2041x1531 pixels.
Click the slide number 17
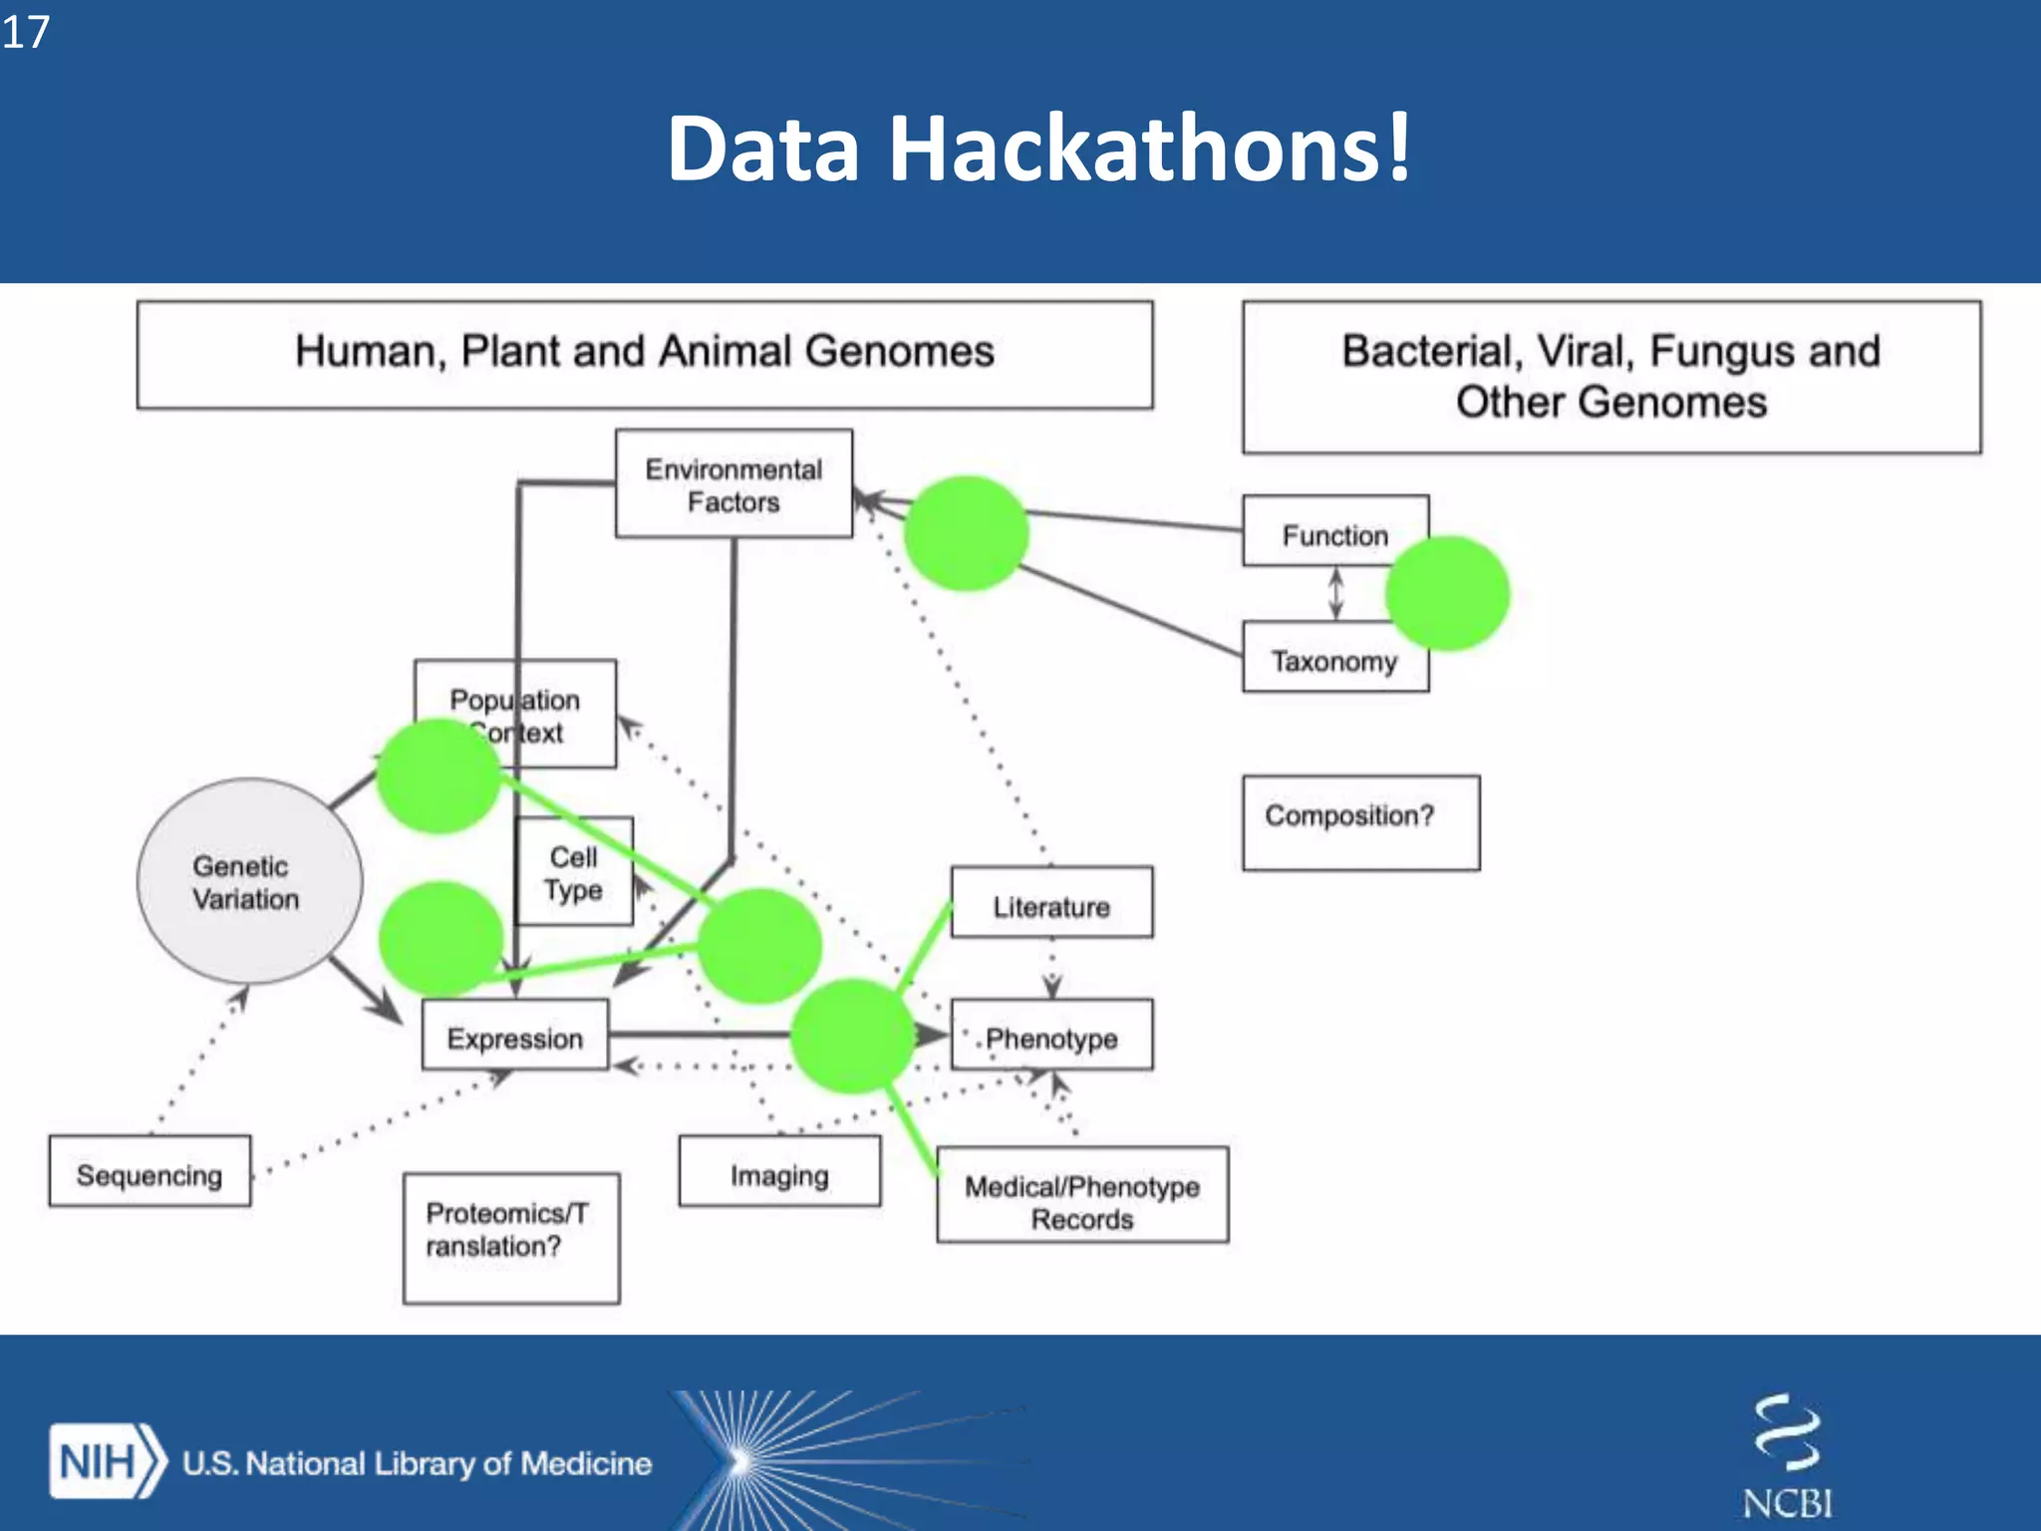(25, 32)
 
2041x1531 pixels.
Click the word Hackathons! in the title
(1149, 150)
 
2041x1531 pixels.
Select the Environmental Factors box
(733, 484)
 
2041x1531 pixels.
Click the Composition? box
(1360, 822)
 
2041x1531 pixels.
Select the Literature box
(1051, 904)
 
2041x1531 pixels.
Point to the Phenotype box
(1052, 1037)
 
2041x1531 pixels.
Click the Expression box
(514, 1037)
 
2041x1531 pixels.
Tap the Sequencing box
(149, 1172)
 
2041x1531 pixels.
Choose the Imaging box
(779, 1172)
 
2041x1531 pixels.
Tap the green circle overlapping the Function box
(1447, 594)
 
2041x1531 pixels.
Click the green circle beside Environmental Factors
(965, 533)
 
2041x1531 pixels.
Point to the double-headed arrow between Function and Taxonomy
(1336, 594)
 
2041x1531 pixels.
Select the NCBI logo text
(1787, 1502)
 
